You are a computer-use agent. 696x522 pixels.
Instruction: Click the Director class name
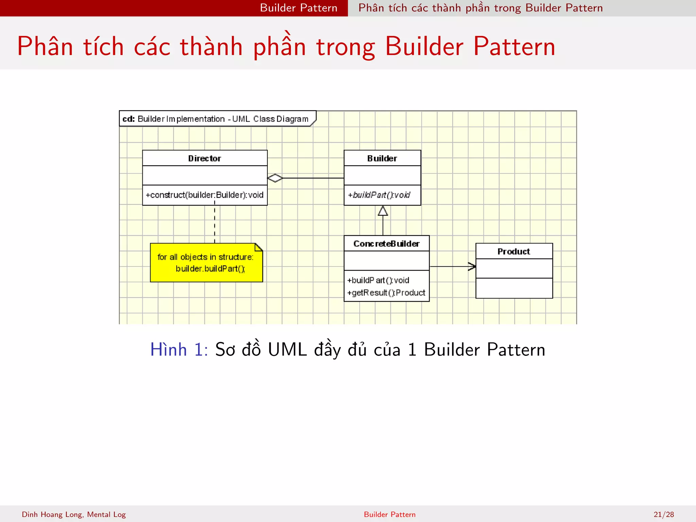pos(205,158)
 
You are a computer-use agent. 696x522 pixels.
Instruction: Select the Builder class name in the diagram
pos(382,158)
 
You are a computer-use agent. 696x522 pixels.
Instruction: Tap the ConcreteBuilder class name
pos(386,244)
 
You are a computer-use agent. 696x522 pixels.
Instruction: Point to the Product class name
pos(514,251)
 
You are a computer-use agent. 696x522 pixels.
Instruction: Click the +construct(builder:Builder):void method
pos(205,195)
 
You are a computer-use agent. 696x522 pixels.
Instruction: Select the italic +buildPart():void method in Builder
pos(379,195)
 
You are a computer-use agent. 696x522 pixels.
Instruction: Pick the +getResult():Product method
pos(386,293)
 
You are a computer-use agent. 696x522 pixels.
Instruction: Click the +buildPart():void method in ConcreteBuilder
pos(378,280)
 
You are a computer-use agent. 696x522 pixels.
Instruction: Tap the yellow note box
pos(206,263)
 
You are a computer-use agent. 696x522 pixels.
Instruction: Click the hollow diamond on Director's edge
pos(275,178)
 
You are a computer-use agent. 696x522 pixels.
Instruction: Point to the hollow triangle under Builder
pos(383,211)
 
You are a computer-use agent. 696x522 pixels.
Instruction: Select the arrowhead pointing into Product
pos(472,267)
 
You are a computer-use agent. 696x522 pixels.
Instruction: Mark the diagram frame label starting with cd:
pos(215,119)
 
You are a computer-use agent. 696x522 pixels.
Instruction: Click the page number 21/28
pos(663,515)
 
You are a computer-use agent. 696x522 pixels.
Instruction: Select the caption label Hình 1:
pos(179,350)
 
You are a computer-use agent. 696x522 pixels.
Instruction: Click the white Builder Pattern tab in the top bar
pos(298,8)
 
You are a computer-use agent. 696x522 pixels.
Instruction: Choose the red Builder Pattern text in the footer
pos(389,515)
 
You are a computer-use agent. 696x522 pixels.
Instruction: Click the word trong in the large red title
pos(345,47)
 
